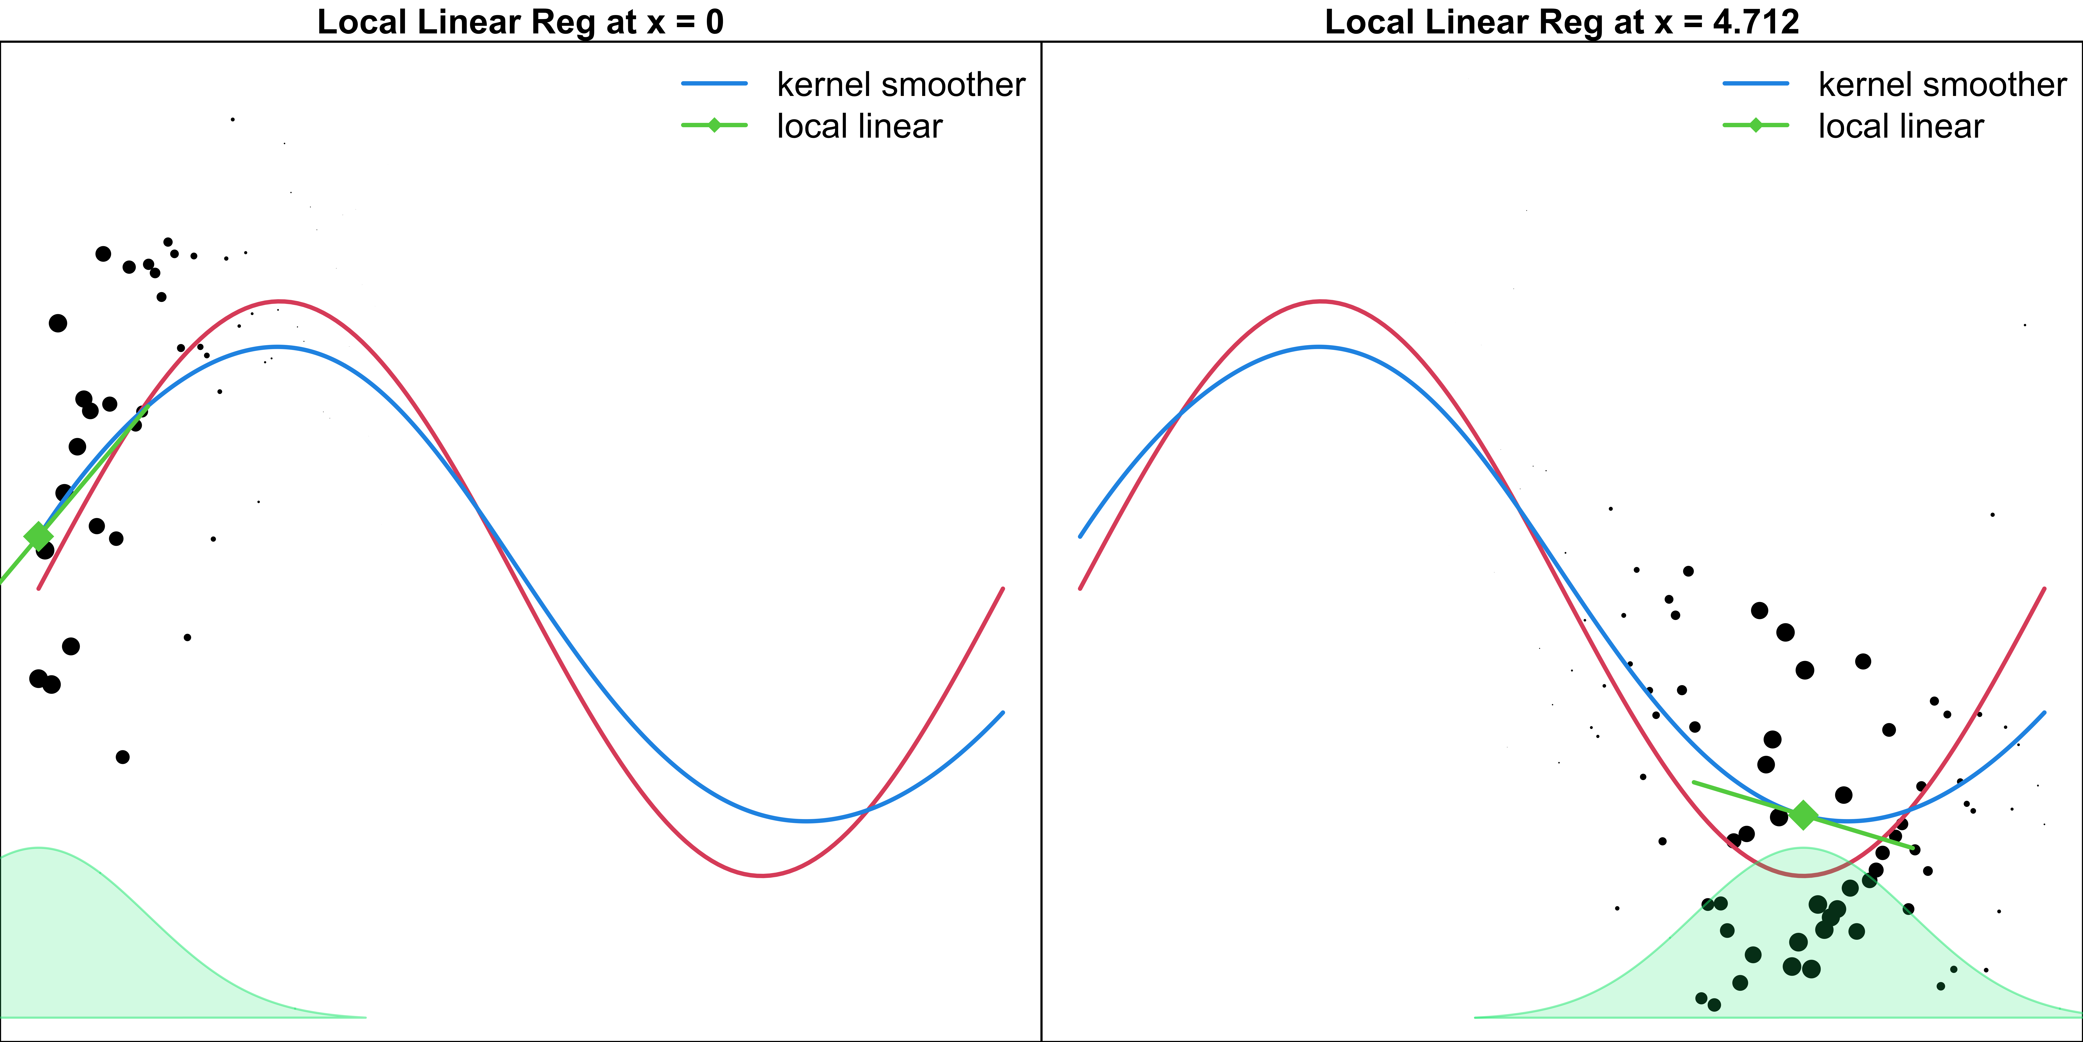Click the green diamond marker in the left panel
38,536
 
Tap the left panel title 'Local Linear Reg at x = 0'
520,22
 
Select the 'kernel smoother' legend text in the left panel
901,84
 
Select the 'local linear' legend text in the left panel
859,126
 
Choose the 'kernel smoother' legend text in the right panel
1942,84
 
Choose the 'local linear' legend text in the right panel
1901,126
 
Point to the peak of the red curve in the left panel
279,301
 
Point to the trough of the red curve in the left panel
762,875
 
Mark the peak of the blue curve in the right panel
1319,347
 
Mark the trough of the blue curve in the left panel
806,821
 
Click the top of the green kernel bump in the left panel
38,848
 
